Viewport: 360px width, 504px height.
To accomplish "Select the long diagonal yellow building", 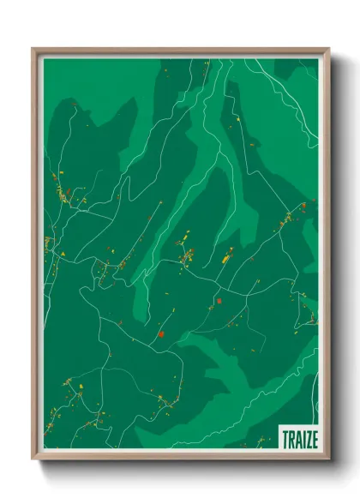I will coord(227,255).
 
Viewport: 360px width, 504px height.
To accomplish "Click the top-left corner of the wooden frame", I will coord(33,49).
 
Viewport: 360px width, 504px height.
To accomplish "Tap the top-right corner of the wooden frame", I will coord(328,49).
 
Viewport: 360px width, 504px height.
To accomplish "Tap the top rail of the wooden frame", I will coord(181,51).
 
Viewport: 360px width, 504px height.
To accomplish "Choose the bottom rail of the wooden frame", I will coord(181,457).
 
